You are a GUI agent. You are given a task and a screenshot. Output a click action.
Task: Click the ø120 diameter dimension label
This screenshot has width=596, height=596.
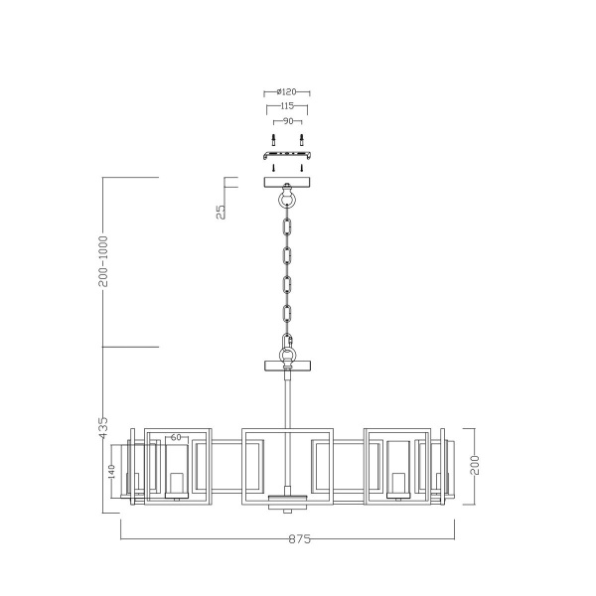pos(287,92)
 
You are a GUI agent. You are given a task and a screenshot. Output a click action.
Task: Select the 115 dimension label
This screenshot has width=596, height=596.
pos(287,106)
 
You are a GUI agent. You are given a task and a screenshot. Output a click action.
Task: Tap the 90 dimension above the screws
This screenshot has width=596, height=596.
pos(287,120)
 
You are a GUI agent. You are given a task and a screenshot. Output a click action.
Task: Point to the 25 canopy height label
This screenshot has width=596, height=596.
pos(221,210)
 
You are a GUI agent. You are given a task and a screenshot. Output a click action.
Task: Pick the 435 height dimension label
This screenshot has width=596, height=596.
pos(103,428)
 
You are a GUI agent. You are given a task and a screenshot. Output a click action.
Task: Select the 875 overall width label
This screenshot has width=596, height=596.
pos(300,539)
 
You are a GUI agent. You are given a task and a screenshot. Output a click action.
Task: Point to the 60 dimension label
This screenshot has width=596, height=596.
pos(176,437)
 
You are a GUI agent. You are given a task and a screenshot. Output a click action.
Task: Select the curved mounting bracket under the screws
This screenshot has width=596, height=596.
pos(287,155)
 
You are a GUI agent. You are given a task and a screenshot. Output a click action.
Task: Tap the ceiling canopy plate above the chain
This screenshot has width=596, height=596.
pos(287,182)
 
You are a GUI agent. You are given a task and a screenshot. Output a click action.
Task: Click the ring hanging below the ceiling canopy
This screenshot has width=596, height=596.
pos(287,200)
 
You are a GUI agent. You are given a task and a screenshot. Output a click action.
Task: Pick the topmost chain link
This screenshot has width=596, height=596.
pos(287,227)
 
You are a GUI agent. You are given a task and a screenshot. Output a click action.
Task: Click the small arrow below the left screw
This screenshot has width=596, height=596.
pos(273,168)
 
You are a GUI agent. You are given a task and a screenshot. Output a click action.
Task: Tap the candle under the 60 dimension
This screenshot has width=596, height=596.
pos(177,484)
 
